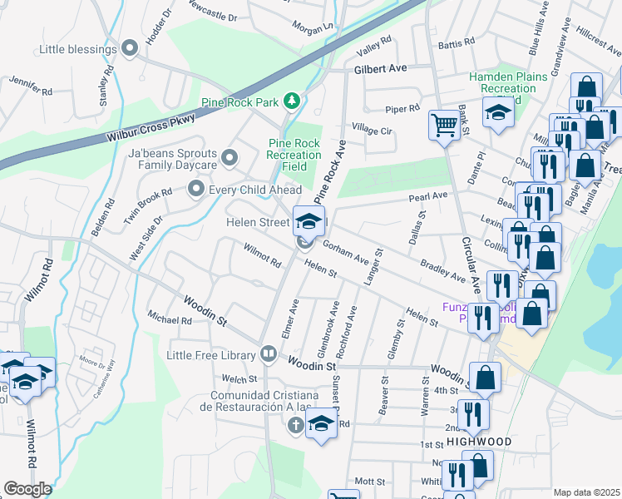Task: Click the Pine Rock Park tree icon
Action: (291, 101)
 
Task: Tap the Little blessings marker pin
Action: (129, 49)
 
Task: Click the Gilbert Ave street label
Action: (381, 69)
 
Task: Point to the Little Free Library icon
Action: (268, 355)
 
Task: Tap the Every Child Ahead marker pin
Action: (196, 190)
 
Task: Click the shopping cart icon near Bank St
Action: (443, 125)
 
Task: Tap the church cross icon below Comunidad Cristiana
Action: (294, 426)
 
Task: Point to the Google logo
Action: (27, 489)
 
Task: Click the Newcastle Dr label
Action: (212, 16)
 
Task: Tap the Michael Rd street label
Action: (170, 319)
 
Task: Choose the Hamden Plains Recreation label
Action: (507, 83)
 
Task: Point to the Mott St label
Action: (369, 482)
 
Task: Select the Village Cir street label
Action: (371, 131)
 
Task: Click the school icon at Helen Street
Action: (308, 220)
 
